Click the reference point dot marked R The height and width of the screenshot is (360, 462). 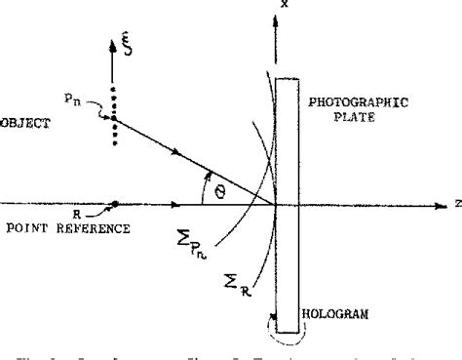coord(116,205)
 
